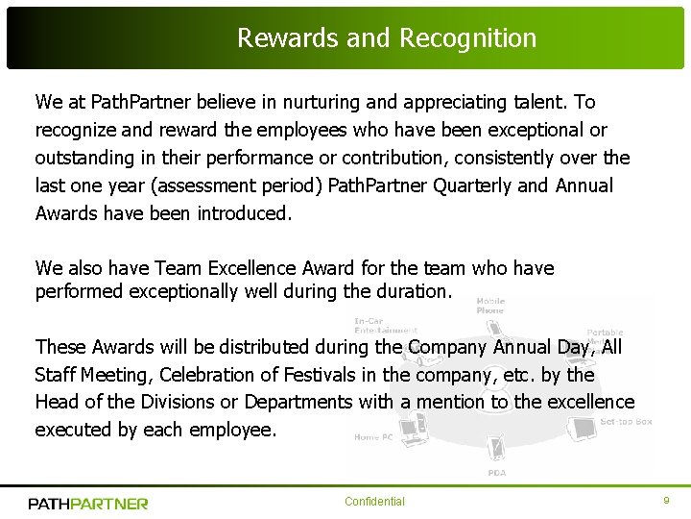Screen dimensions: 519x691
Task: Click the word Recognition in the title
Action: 467,38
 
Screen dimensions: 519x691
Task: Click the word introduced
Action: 244,213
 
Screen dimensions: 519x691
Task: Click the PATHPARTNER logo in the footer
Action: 88,503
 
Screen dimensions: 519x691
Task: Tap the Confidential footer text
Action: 374,502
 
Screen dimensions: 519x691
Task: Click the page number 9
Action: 666,501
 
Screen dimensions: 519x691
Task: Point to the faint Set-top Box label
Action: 626,422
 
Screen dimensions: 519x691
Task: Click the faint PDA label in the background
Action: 496,472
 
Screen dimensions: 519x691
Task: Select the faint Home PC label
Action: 373,437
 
